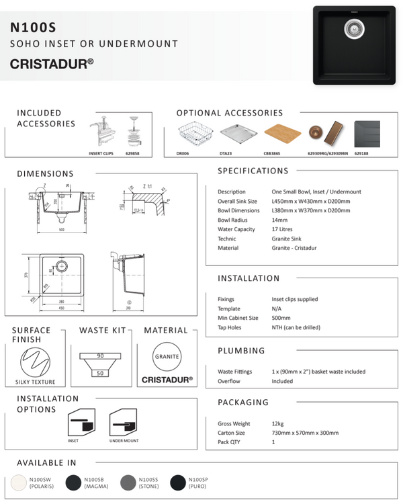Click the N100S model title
[33, 27]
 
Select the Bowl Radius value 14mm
[279, 220]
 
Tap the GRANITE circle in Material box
[167, 357]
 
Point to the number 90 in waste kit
[99, 355]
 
